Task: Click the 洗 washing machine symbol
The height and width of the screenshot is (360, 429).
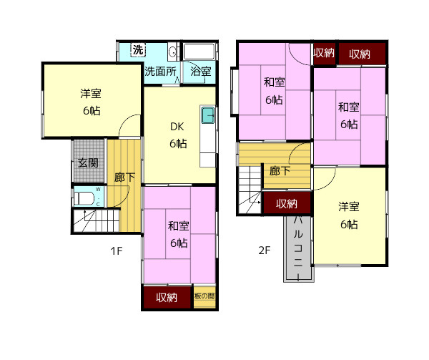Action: pyautogui.click(x=138, y=50)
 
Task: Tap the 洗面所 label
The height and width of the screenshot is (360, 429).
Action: pyautogui.click(x=160, y=72)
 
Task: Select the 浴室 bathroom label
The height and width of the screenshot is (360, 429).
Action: pyautogui.click(x=200, y=72)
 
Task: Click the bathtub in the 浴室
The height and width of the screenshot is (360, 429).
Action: pyautogui.click(x=199, y=52)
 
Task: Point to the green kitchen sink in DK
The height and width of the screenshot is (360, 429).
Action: pyautogui.click(x=208, y=115)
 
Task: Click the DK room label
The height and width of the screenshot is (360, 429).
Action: pyautogui.click(x=177, y=127)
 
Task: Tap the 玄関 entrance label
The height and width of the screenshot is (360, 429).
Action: pyautogui.click(x=88, y=163)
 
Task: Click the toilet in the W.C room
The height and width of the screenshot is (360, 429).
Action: pyautogui.click(x=84, y=198)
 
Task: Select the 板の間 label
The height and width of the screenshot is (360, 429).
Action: pyautogui.click(x=204, y=296)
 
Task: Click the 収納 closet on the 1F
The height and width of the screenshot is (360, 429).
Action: pyautogui.click(x=167, y=297)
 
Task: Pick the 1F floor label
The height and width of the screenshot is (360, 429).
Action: pyautogui.click(x=117, y=250)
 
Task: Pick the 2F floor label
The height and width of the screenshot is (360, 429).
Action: pyautogui.click(x=265, y=250)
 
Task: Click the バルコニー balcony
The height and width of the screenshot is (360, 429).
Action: pyautogui.click(x=298, y=248)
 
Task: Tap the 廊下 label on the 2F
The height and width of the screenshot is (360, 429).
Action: pyautogui.click(x=280, y=171)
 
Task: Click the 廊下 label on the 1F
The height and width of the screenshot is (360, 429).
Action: pyautogui.click(x=124, y=177)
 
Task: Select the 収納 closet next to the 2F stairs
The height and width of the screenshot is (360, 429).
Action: pyautogui.click(x=287, y=203)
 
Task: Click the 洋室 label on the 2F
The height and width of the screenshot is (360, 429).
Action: pyautogui.click(x=349, y=207)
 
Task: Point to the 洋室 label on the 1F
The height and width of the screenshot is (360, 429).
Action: pyautogui.click(x=91, y=94)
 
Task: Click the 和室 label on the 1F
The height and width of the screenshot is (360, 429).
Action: pyautogui.click(x=178, y=226)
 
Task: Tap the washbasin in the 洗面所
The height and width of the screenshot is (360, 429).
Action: pyautogui.click(x=172, y=52)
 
